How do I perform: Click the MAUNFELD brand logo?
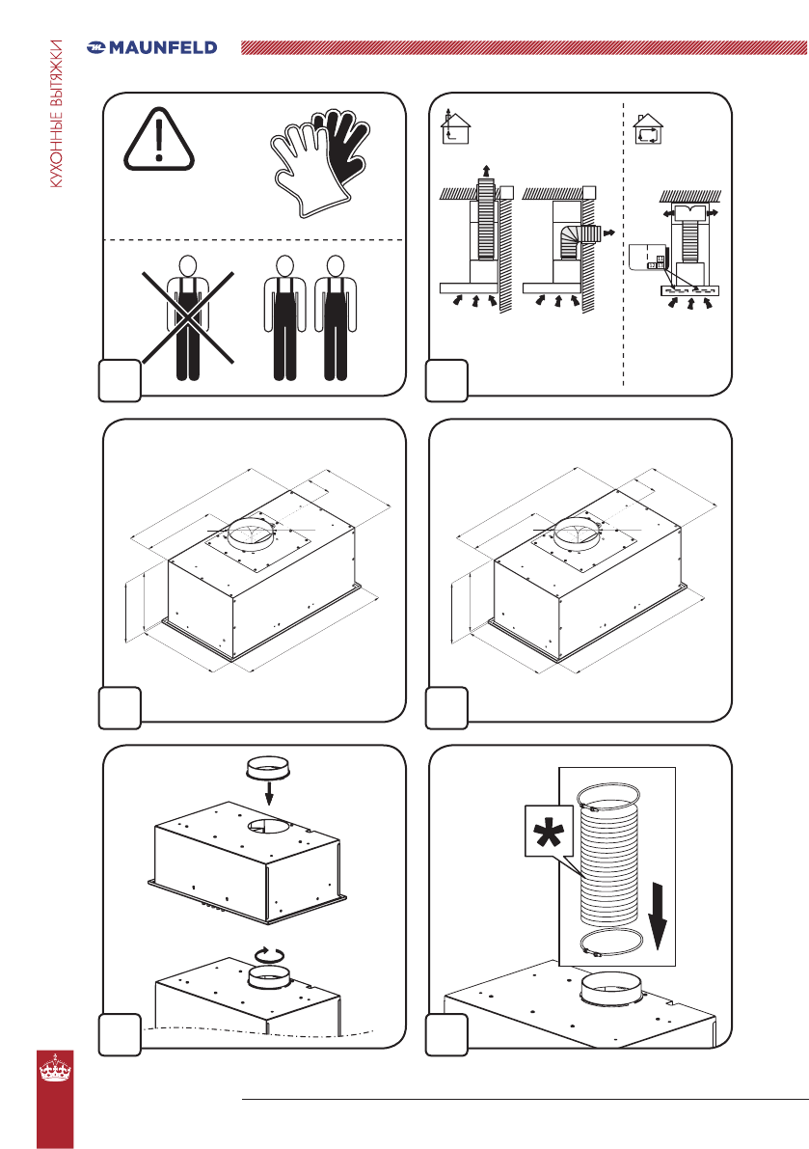click(151, 47)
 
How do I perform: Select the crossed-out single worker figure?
click(188, 317)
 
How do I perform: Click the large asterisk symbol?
click(549, 831)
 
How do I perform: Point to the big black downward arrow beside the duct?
click(659, 916)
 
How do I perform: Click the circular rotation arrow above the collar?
click(269, 954)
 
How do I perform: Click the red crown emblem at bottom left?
click(56, 1068)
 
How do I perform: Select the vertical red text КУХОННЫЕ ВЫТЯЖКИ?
click(56, 114)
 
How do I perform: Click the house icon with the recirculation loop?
click(647, 129)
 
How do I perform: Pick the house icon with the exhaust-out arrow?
click(455, 126)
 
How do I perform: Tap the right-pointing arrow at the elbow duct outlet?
click(607, 234)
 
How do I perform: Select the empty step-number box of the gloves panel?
click(121, 380)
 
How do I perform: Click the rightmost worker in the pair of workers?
click(336, 317)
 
